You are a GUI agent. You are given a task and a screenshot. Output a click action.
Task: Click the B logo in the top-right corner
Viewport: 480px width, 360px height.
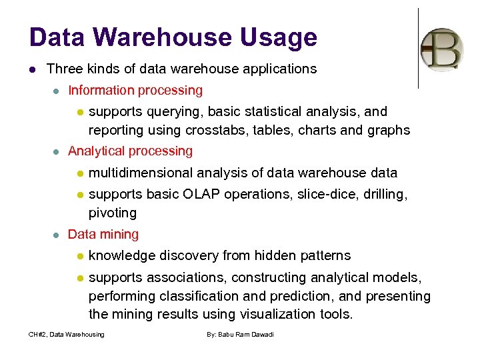point(442,50)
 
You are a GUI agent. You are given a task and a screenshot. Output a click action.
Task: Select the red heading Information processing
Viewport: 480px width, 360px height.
point(135,90)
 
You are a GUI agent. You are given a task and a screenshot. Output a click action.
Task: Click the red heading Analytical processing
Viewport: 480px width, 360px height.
point(130,151)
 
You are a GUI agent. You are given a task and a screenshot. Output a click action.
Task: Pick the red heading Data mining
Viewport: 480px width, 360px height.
point(103,234)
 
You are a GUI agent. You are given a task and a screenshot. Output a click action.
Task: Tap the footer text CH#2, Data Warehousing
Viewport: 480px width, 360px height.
point(66,334)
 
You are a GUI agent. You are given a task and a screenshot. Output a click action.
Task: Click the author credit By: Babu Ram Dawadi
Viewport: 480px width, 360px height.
point(241,334)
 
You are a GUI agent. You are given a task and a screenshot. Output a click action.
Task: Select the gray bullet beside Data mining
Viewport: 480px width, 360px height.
point(57,235)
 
